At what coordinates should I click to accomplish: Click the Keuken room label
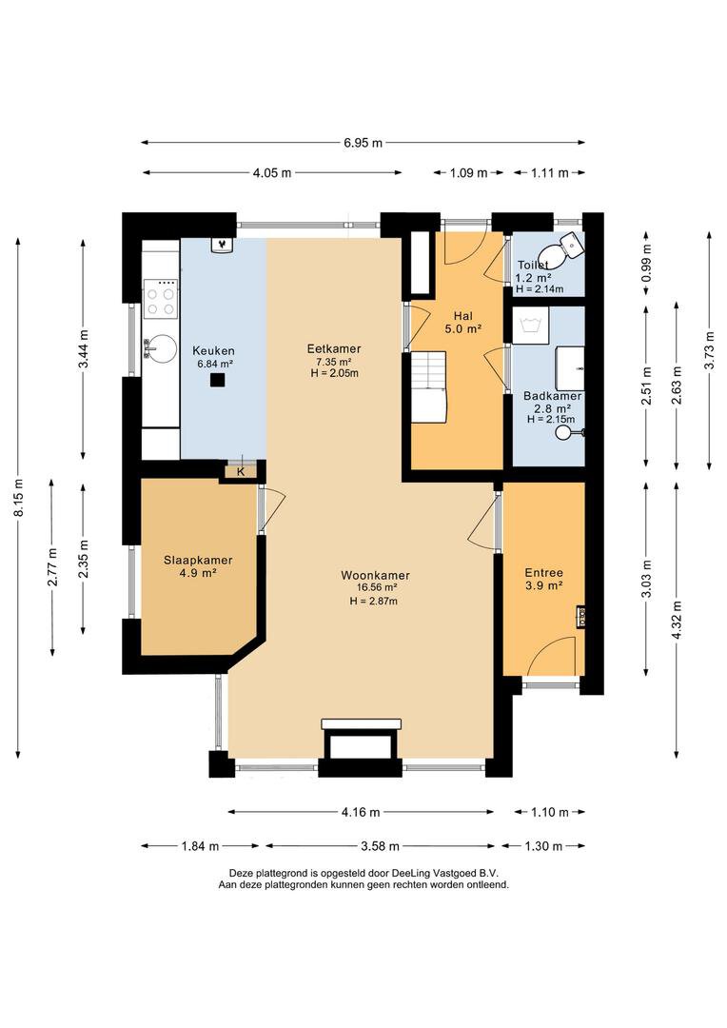pyautogui.click(x=213, y=350)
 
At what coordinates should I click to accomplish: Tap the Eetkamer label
pyautogui.click(x=334, y=348)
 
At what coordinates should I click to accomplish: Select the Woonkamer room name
pyautogui.click(x=375, y=576)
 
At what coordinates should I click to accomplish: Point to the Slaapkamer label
pyautogui.click(x=198, y=560)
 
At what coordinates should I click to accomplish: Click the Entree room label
pyautogui.click(x=543, y=572)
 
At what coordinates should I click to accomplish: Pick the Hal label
pyautogui.click(x=462, y=316)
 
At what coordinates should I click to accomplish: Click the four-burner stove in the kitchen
pyautogui.click(x=161, y=299)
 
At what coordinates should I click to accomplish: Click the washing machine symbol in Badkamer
pyautogui.click(x=530, y=326)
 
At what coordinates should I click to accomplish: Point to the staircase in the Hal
pyautogui.click(x=429, y=386)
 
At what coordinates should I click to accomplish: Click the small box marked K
pyautogui.click(x=242, y=471)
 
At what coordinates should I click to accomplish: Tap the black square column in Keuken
pyautogui.click(x=218, y=380)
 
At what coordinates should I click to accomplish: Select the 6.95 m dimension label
pyautogui.click(x=363, y=142)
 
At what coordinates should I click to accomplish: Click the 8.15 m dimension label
pyautogui.click(x=20, y=497)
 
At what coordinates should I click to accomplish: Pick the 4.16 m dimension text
pyautogui.click(x=361, y=812)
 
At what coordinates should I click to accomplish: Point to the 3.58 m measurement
pyautogui.click(x=381, y=846)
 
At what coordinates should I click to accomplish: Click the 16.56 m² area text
pyautogui.click(x=377, y=588)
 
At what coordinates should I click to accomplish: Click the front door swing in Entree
pyautogui.click(x=551, y=655)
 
